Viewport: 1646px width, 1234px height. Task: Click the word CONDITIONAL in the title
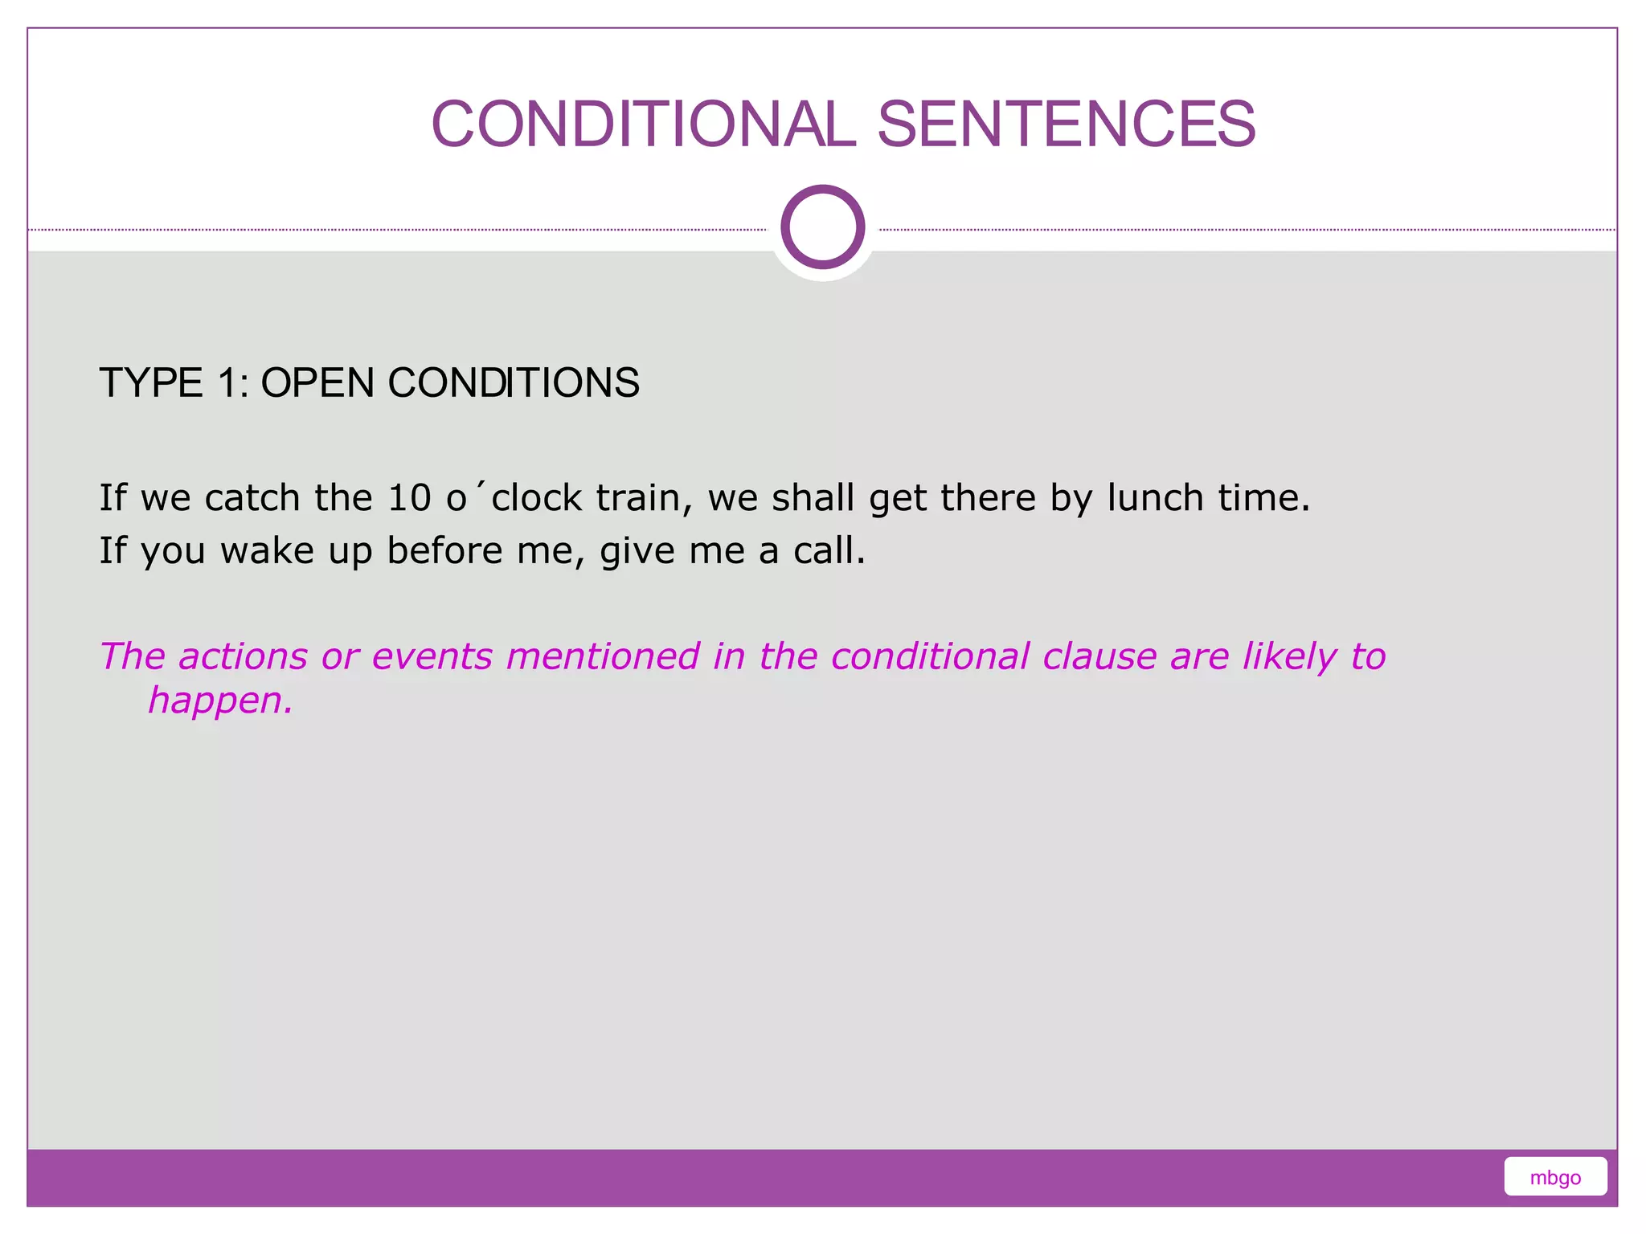coord(643,125)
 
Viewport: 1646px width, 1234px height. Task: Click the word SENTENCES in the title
coord(1066,125)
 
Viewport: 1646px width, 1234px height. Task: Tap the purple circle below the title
coord(822,227)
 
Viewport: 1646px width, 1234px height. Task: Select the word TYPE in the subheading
coord(151,382)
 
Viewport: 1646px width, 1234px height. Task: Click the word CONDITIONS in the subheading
coord(514,382)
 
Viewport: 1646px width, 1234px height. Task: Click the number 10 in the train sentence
coord(409,498)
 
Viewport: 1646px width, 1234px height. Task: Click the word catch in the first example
coord(252,498)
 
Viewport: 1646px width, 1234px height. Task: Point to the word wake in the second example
coord(267,551)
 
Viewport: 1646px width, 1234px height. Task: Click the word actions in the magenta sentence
coord(243,656)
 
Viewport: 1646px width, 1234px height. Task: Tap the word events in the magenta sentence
coord(432,656)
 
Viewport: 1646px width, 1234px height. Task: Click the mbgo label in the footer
coord(1554,1178)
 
